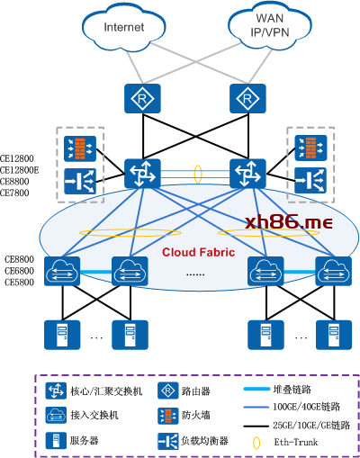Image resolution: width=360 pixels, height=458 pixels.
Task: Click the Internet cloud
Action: click(x=123, y=27)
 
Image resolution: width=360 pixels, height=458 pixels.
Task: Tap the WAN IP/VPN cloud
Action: click(x=269, y=25)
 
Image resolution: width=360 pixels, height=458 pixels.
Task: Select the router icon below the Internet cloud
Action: click(x=142, y=98)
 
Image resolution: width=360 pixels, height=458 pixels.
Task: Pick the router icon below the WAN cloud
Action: click(x=247, y=98)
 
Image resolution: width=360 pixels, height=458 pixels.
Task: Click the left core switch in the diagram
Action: click(x=142, y=174)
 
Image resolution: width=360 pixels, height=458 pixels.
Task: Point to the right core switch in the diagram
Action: click(x=247, y=174)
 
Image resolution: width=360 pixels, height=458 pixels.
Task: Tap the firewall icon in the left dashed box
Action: click(x=80, y=148)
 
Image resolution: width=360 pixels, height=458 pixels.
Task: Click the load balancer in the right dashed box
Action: click(x=310, y=180)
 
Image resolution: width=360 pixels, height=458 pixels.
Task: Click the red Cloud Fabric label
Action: click(x=198, y=252)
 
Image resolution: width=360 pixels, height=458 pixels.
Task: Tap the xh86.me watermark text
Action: click(x=289, y=222)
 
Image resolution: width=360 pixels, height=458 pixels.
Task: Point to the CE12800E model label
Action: click(x=20, y=170)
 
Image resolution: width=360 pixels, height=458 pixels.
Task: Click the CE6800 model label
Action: click(x=19, y=271)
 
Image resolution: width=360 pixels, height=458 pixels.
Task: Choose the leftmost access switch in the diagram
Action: click(x=62, y=271)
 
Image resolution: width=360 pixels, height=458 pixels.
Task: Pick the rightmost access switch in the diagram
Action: click(x=334, y=271)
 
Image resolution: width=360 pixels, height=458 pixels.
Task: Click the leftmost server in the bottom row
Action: click(x=62, y=335)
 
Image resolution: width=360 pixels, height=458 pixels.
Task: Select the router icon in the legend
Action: click(x=167, y=391)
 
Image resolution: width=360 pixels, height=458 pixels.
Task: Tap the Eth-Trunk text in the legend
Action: click(x=296, y=442)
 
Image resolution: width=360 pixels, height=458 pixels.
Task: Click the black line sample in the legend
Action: click(x=256, y=426)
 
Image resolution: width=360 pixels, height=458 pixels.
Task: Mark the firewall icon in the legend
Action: click(x=167, y=416)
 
